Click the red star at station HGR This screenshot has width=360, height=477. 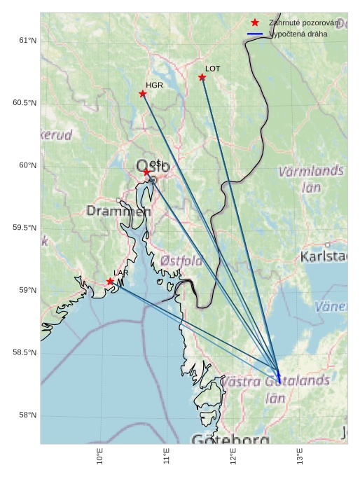[x=143, y=94]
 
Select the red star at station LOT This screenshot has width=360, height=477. [x=202, y=77]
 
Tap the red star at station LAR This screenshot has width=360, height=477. [x=111, y=282]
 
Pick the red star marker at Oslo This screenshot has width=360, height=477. [x=147, y=172]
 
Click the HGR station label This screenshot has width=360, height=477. [x=154, y=85]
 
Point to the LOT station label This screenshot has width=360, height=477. [x=213, y=69]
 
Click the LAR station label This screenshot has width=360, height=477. [x=121, y=272]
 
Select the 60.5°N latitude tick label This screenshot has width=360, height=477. [x=25, y=103]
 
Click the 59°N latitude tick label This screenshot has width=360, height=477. [x=27, y=291]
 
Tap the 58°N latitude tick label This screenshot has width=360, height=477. [x=27, y=415]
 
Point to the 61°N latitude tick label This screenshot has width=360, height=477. [x=27, y=41]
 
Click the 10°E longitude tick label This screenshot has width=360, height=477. [x=101, y=457]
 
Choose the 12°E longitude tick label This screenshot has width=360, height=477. [x=233, y=457]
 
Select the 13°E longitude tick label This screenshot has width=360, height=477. [x=300, y=457]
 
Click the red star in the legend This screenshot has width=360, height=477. [x=255, y=22]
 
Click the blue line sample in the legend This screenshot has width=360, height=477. [x=255, y=34]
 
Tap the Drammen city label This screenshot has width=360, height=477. [x=118, y=211]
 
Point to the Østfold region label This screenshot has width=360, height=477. [x=181, y=261]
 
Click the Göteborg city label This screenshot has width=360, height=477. [x=230, y=440]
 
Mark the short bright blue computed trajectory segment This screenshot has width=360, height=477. [x=279, y=376]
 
